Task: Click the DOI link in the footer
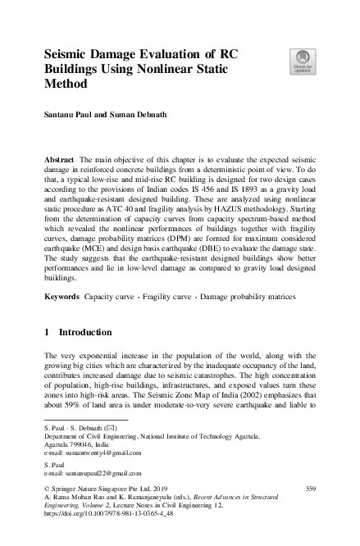coord(104,516)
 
